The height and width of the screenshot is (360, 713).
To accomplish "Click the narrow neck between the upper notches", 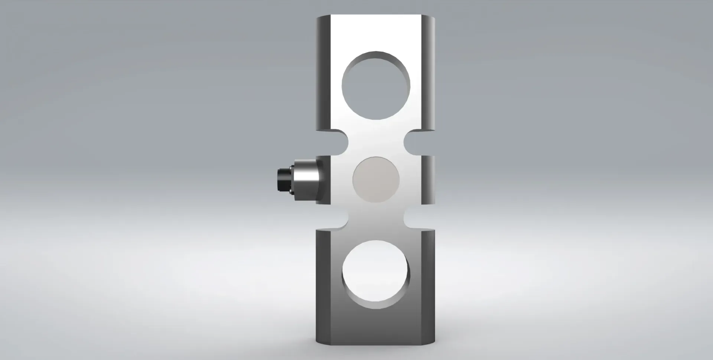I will coord(376,143).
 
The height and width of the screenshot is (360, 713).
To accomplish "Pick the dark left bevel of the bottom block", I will coord(322,286).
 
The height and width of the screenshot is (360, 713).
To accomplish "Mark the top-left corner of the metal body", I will coord(318,17).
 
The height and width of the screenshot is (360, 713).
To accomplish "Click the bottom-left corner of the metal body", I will coord(318,343).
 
